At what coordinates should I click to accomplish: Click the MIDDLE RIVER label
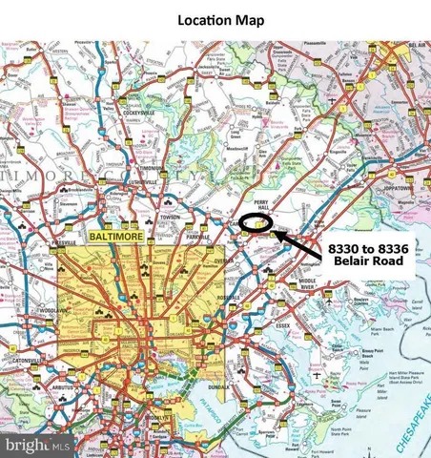(307, 284)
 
